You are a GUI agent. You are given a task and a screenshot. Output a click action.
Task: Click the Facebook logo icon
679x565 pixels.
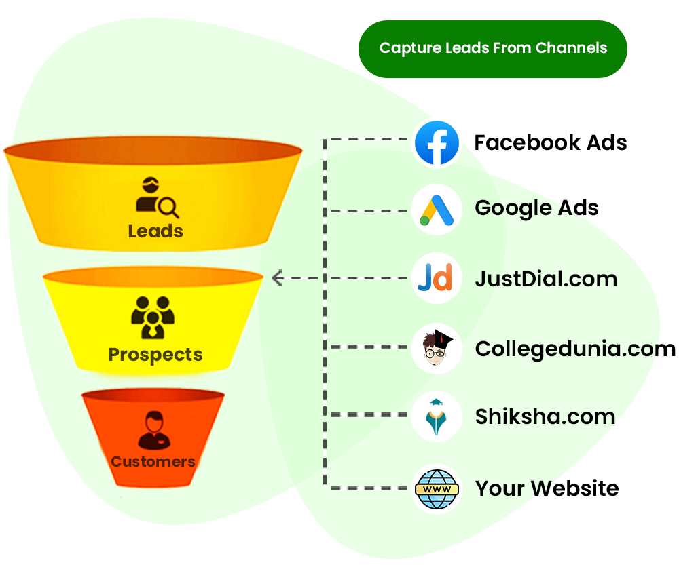[437, 143]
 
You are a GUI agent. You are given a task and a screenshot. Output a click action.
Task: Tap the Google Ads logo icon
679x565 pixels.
[437, 210]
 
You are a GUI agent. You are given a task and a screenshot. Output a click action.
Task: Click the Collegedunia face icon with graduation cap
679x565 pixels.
[437, 348]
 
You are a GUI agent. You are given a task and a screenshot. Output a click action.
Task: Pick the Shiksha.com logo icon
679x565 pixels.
[437, 416]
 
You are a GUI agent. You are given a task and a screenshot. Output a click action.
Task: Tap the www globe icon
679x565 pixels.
[437, 488]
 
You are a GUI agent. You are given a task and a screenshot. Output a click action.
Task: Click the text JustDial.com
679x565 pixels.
[546, 279]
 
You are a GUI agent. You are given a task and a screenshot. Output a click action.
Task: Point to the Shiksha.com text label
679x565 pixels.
[545, 416]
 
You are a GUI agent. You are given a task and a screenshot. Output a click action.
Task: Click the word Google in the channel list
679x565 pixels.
[513, 208]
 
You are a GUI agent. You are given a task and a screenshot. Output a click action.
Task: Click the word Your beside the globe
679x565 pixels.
[499, 488]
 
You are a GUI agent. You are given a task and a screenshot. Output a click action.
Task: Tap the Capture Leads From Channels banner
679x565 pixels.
[493, 48]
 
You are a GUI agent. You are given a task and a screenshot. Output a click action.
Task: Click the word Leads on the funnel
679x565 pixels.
[155, 231]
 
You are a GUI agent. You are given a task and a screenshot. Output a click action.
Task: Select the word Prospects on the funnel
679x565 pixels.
[155, 355]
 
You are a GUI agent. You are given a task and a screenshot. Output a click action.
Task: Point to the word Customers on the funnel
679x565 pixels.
[153, 462]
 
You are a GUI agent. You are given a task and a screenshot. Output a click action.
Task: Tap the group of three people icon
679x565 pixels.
[153, 317]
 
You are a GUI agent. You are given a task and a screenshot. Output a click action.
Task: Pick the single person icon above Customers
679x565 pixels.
[153, 431]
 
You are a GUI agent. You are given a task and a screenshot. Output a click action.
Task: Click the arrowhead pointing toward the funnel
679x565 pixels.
[276, 277]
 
